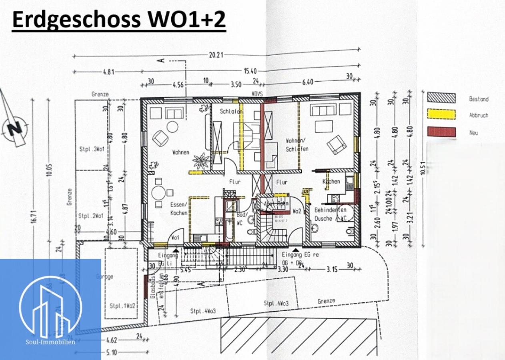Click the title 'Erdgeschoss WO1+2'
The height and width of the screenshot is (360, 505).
[x=119, y=20]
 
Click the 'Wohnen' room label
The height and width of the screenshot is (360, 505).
[x=180, y=152]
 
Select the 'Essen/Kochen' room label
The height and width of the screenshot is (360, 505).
[x=178, y=208]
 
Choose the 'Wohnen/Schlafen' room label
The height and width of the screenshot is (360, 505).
[x=297, y=145]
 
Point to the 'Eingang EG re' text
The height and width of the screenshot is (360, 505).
[x=301, y=255]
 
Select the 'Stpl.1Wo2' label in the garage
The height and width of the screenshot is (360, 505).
[x=122, y=306]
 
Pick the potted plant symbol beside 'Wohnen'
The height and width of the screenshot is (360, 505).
[x=200, y=161]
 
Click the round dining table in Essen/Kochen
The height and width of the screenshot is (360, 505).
[x=160, y=193]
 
